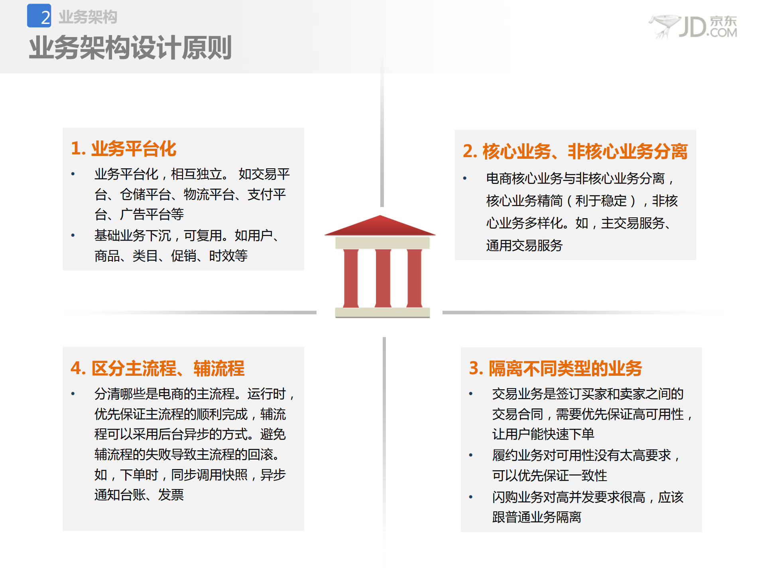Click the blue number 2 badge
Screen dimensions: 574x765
click(x=39, y=16)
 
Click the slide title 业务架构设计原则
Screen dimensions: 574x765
click(x=130, y=48)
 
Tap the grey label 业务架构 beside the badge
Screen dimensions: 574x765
click(x=88, y=17)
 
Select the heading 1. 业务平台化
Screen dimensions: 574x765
click(x=124, y=149)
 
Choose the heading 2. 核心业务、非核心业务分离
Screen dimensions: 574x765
click(x=575, y=152)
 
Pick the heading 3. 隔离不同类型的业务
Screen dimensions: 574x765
click(x=555, y=368)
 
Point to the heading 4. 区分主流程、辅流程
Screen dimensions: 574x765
click(x=157, y=368)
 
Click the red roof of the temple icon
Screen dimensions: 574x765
click(x=380, y=226)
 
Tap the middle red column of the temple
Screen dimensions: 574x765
click(x=383, y=278)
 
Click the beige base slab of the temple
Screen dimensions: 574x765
click(x=382, y=312)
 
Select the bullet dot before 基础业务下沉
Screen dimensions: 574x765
click(x=73, y=235)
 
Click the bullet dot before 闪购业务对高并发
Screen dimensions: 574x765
click(x=471, y=497)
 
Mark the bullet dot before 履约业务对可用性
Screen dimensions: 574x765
click(x=471, y=455)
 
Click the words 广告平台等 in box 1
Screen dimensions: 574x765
click(x=152, y=215)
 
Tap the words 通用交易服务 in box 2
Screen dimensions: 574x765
click(x=524, y=245)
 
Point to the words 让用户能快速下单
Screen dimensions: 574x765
click(x=543, y=434)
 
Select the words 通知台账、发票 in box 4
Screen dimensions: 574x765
click(x=139, y=495)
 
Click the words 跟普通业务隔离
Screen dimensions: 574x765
click(x=537, y=517)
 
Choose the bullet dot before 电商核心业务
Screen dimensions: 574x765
click(x=465, y=178)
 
